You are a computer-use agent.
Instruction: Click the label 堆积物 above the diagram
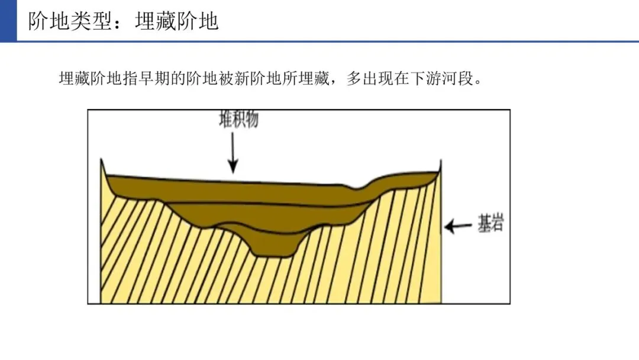[x=238, y=120]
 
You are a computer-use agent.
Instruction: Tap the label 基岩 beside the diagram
[x=490, y=224]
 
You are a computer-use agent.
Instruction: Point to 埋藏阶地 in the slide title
[x=177, y=21]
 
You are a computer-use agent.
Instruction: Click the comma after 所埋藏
[x=337, y=82]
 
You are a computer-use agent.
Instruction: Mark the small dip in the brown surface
[x=356, y=189]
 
